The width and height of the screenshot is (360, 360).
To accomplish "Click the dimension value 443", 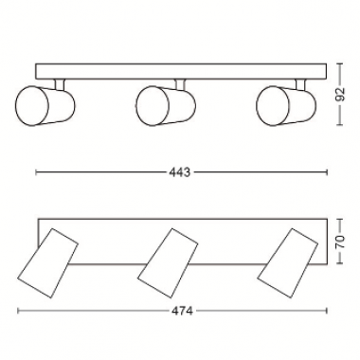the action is tap(180, 172).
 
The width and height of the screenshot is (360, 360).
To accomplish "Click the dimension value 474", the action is tap(182, 311).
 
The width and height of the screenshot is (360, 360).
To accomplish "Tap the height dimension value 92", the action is tap(340, 95).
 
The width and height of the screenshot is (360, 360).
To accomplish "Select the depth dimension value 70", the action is tap(340, 242).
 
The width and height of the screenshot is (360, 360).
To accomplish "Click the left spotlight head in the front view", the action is tap(45, 105).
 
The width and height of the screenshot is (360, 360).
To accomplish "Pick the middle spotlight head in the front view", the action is tap(166, 105).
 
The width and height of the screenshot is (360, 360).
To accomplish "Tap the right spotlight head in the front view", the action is tap(286, 105).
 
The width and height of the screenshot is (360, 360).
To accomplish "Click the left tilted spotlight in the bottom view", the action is tap(47, 263).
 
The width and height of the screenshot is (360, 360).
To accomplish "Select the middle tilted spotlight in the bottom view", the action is tap(168, 263).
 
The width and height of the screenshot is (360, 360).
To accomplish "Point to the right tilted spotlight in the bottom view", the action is tap(288, 263).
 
